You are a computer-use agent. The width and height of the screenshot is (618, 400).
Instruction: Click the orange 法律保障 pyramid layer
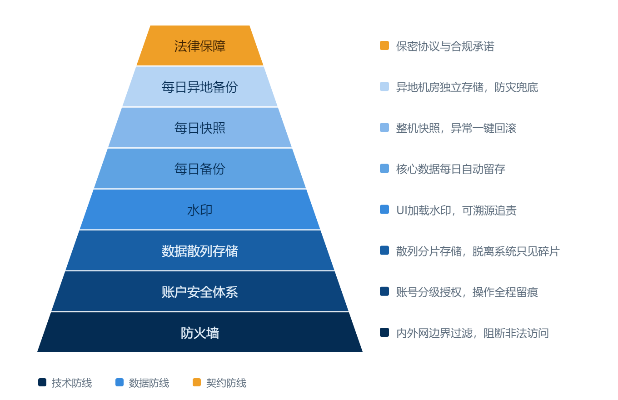(200, 45)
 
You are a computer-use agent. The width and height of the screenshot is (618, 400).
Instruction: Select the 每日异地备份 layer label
(200, 87)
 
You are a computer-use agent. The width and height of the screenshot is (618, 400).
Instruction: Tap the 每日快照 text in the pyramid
(200, 128)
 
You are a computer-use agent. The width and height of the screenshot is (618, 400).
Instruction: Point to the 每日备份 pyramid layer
(200, 169)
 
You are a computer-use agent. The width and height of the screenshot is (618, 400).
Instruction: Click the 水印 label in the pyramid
(200, 210)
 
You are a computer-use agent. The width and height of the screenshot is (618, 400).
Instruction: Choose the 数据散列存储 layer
(200, 250)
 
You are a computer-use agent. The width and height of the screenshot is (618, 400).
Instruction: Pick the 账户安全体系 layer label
(200, 292)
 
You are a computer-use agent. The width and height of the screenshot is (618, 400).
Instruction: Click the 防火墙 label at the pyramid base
(200, 333)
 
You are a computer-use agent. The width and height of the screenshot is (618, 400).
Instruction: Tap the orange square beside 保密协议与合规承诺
(384, 45)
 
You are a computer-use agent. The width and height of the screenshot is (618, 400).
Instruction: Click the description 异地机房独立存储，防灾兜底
(467, 87)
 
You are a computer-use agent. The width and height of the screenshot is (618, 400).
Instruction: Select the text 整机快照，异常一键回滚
(456, 128)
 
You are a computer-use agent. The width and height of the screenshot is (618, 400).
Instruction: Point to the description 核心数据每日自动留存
(450, 169)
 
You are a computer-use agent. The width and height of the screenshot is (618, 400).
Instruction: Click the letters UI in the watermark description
(402, 210)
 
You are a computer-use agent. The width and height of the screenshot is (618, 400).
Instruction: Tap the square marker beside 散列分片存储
(384, 250)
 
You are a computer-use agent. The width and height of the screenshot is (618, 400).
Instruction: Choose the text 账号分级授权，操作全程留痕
(467, 292)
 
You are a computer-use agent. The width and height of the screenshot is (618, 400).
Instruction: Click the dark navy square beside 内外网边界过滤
(384, 332)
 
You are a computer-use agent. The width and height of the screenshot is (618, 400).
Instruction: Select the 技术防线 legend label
(72, 383)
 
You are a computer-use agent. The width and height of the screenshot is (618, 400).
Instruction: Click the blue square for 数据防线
(120, 382)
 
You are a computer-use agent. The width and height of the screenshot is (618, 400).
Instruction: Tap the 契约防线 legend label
(226, 383)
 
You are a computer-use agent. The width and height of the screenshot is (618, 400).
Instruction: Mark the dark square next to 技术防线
(42, 382)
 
